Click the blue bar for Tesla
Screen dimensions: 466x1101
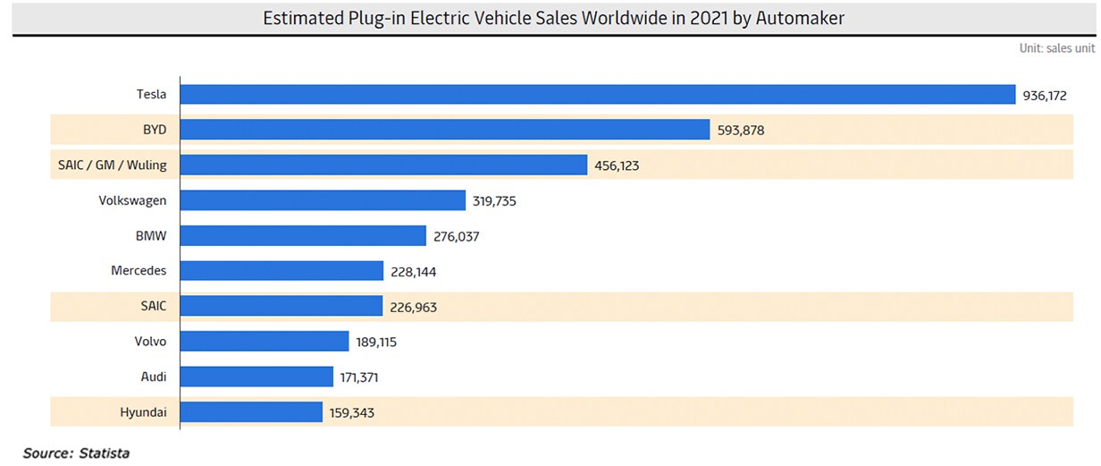point(597,95)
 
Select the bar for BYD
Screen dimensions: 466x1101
point(445,130)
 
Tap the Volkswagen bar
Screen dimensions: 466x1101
point(323,200)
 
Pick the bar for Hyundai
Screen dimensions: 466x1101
point(251,411)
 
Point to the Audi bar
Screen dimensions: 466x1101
point(256,377)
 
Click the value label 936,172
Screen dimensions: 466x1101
point(1046,95)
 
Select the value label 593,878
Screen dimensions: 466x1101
point(741,131)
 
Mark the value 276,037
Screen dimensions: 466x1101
point(458,236)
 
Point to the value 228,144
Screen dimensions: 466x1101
point(414,271)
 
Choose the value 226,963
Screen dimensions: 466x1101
point(414,307)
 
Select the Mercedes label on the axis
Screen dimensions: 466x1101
point(139,271)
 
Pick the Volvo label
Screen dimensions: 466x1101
point(148,342)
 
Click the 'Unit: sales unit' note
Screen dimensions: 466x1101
point(1056,48)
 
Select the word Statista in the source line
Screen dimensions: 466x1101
point(104,453)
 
